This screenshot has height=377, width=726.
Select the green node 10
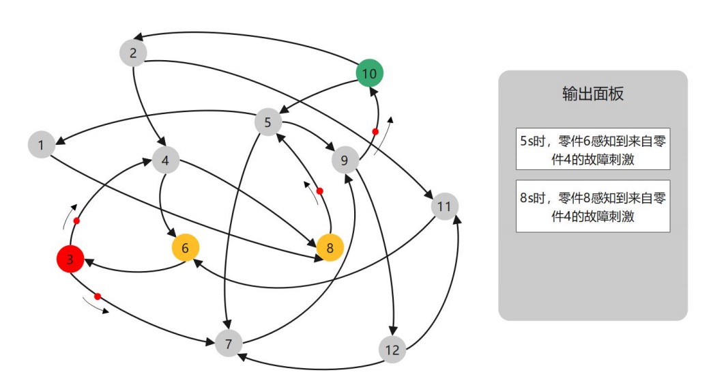370,72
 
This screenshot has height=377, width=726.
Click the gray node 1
42,145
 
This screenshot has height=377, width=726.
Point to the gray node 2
133,53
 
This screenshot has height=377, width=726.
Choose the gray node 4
166,160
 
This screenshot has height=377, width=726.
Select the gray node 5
268,123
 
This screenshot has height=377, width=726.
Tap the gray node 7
229,342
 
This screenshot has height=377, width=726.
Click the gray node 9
345,161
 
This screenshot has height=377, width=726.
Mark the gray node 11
444,206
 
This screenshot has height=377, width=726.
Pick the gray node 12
392,350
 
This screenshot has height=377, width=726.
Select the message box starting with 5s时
592,148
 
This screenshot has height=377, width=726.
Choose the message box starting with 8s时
592,206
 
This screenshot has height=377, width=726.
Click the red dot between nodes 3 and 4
76,221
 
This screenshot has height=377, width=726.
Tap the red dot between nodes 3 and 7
98,296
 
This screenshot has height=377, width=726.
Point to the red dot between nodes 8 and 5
319,191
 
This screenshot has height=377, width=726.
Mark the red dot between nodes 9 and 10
375,130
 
